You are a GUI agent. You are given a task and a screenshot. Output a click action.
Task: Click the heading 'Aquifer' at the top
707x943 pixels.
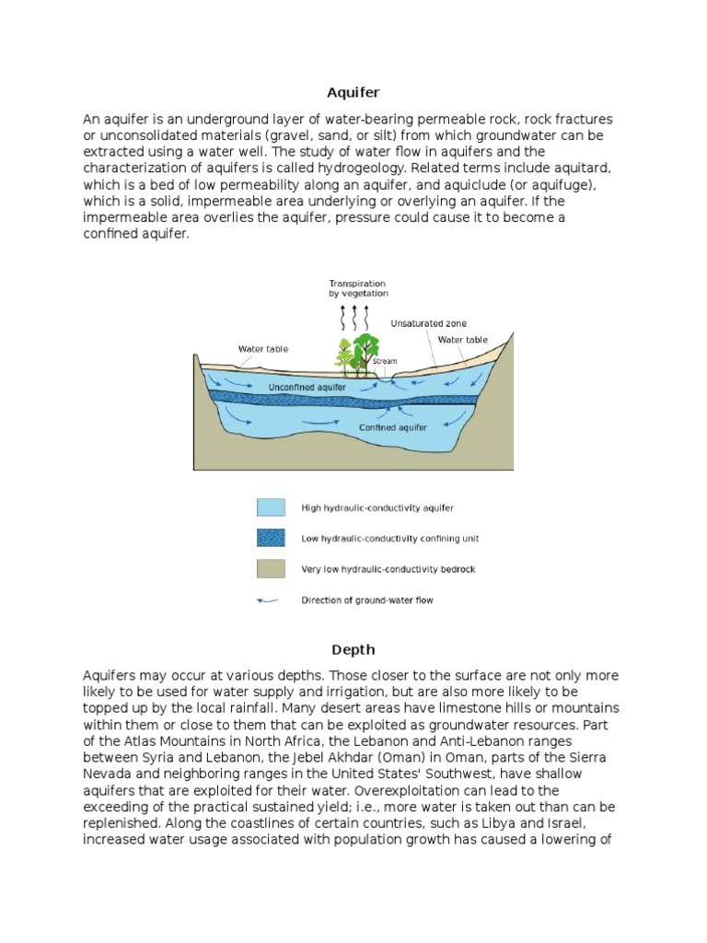(x=353, y=93)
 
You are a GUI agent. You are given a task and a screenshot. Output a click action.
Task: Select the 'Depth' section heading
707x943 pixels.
(x=353, y=650)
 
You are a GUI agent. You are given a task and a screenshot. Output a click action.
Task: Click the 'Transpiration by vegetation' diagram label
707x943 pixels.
(x=358, y=288)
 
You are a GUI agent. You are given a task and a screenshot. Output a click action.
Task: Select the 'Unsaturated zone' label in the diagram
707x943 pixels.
(x=428, y=323)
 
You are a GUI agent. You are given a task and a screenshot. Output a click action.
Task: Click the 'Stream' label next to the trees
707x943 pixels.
(x=385, y=361)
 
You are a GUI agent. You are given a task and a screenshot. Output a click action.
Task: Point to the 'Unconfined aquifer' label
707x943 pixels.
(x=307, y=388)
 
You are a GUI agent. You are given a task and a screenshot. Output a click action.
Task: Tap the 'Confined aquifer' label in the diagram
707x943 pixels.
(x=393, y=427)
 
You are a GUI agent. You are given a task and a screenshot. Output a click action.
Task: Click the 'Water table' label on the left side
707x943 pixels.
(x=263, y=349)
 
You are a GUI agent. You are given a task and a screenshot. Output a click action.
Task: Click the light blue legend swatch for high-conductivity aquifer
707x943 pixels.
(x=271, y=507)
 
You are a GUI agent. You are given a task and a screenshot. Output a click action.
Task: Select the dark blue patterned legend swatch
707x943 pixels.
(x=271, y=538)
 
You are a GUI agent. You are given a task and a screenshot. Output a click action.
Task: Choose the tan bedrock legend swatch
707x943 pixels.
(x=271, y=569)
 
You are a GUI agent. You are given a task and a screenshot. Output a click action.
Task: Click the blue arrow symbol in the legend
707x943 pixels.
(x=268, y=600)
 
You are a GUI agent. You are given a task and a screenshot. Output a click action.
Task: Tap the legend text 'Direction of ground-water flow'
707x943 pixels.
(x=366, y=600)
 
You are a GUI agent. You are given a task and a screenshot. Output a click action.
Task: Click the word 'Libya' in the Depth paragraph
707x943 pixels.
(x=498, y=823)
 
